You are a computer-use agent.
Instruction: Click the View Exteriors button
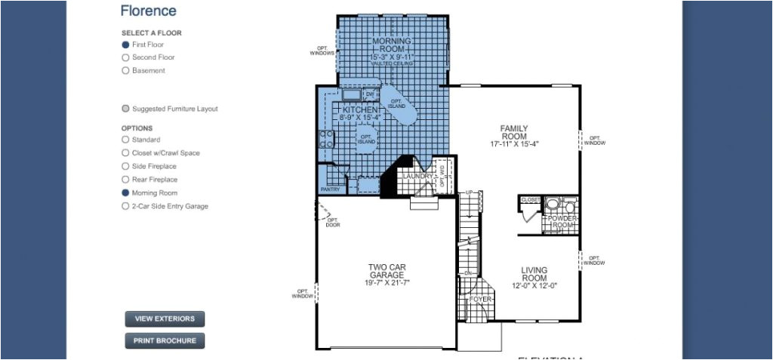coord(165,319)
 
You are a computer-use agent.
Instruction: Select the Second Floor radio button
coord(126,57)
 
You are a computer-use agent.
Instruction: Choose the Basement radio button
coord(126,71)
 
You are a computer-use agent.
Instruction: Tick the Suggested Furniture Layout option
coord(126,109)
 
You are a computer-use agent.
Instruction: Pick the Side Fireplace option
coord(126,166)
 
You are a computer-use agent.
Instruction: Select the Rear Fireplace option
coord(126,180)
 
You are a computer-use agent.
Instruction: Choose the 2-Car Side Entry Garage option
coord(126,206)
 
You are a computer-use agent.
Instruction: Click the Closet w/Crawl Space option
coord(126,153)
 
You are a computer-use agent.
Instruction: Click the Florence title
coord(148,11)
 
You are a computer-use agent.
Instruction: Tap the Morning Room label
coord(392,45)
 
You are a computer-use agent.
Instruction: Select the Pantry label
coord(330,189)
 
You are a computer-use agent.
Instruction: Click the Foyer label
coord(481,300)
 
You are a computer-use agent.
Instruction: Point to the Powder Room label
coord(562,222)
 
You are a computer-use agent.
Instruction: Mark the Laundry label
coord(417,177)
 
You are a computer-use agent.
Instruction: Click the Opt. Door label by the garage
coord(333,223)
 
